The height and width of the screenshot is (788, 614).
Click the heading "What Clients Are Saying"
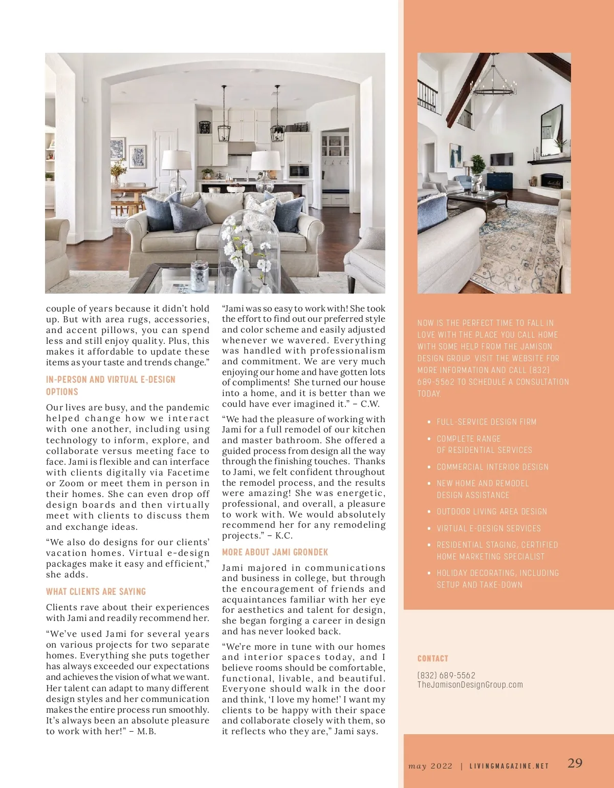(x=96, y=591)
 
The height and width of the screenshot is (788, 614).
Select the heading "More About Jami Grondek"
(x=275, y=552)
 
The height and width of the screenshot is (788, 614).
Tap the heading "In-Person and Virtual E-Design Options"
(x=111, y=385)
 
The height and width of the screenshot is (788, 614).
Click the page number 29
(x=575, y=763)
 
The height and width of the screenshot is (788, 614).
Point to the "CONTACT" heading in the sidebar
(x=432, y=658)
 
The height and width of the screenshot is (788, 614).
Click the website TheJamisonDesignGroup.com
(x=470, y=685)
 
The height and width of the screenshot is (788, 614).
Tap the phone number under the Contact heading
(x=446, y=675)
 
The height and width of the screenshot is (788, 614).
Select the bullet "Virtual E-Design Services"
(x=489, y=528)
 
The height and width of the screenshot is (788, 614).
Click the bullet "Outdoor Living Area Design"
(x=492, y=511)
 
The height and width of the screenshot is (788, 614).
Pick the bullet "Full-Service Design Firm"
(x=486, y=422)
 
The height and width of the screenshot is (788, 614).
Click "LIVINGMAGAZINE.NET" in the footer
(x=509, y=766)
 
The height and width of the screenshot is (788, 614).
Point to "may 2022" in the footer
(x=430, y=766)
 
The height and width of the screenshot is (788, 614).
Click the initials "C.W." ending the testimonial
(x=369, y=404)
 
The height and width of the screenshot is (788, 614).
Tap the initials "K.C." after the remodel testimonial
(x=284, y=535)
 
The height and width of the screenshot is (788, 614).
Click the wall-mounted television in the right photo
(x=501, y=159)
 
